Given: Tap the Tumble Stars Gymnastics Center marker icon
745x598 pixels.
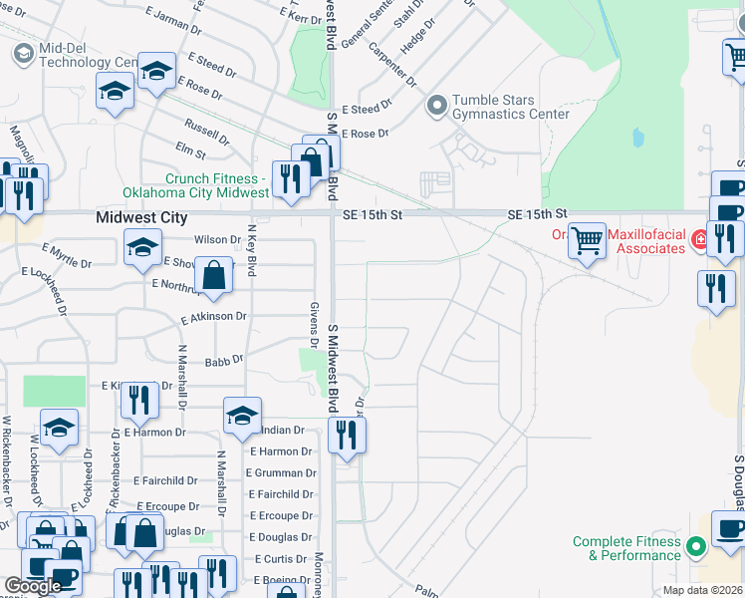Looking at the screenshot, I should [x=436, y=105].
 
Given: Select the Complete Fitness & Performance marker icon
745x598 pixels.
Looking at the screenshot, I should [x=695, y=547].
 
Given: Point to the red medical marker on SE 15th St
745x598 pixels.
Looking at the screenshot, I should [x=699, y=238].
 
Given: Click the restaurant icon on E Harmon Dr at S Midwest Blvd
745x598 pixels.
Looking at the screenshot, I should [x=347, y=435].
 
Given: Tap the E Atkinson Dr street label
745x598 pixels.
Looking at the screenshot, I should [x=213, y=318].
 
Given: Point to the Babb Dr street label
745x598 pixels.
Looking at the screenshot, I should [x=224, y=362].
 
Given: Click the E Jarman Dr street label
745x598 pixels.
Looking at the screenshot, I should [x=172, y=17].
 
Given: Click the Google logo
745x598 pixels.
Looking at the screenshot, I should [x=33, y=587].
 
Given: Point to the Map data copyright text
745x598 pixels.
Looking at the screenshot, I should [x=703, y=590].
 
